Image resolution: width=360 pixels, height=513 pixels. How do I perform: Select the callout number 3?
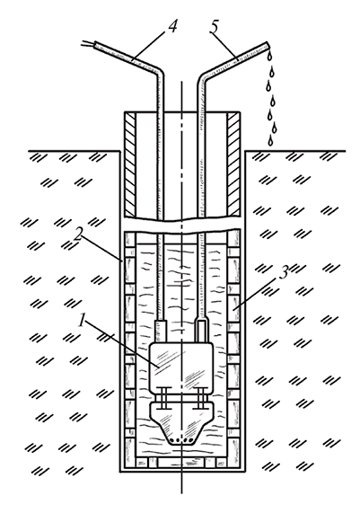point(284,272)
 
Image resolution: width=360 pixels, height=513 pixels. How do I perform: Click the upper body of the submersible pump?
point(180,365)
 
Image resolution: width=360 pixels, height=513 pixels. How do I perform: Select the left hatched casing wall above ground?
point(130,164)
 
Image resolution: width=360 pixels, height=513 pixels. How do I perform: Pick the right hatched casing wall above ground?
point(233,164)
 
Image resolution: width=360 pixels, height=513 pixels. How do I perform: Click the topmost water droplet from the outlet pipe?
point(269,56)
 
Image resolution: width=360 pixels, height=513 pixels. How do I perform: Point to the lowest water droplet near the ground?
point(270,141)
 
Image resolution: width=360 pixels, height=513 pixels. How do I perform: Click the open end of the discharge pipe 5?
point(268,46)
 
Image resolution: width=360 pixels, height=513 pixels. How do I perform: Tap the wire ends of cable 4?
point(88,43)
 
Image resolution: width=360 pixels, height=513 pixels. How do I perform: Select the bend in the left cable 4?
point(160,71)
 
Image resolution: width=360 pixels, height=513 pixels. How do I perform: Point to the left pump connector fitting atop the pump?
point(162,332)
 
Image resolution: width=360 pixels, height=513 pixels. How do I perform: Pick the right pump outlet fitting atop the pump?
point(202,331)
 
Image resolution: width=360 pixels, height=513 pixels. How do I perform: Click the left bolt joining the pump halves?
point(163,398)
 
